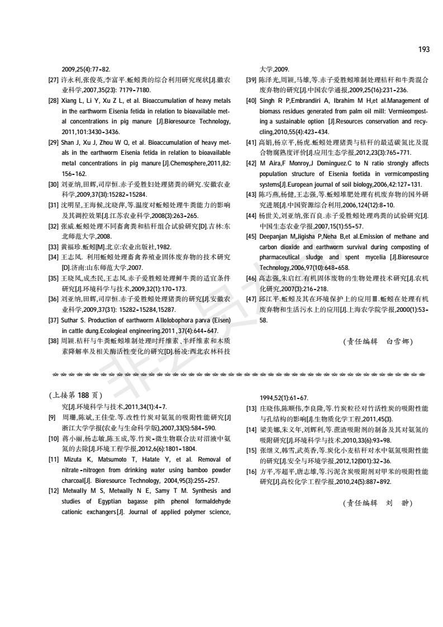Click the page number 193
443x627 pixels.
[423, 50]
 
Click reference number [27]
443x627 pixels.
[54, 80]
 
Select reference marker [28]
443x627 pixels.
[54, 101]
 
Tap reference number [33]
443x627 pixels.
[54, 246]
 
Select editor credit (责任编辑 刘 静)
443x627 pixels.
[378, 503]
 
